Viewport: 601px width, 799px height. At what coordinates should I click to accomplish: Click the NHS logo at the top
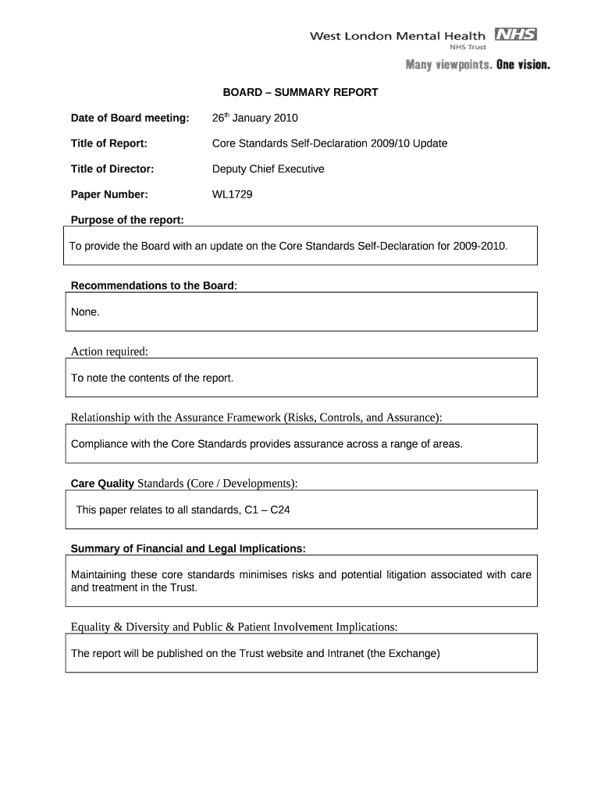pyautogui.click(x=515, y=34)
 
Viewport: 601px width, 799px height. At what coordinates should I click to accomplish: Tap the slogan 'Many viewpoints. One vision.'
pyautogui.click(x=477, y=65)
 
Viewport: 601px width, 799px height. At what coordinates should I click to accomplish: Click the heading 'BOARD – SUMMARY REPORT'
pyautogui.click(x=300, y=92)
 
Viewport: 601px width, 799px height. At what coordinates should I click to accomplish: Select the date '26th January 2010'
pyautogui.click(x=255, y=118)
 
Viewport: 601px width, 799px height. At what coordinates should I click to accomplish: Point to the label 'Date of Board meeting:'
pyautogui.click(x=130, y=118)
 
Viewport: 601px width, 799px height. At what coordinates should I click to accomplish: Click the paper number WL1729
pyautogui.click(x=233, y=194)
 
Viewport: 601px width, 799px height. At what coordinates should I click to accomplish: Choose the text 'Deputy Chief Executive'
pyautogui.click(x=268, y=169)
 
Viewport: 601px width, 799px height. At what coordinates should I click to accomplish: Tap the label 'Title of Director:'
pyautogui.click(x=112, y=169)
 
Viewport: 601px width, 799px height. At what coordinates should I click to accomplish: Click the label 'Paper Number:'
pyautogui.click(x=109, y=194)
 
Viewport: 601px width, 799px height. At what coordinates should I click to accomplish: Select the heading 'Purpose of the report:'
pyautogui.click(x=127, y=220)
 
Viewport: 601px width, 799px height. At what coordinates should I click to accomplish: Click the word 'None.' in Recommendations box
pyautogui.click(x=85, y=311)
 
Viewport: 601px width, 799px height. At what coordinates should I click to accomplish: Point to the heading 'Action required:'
pyautogui.click(x=109, y=351)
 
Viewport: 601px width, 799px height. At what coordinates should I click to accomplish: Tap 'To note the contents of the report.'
pyautogui.click(x=152, y=378)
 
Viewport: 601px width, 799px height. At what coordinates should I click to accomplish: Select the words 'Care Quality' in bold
pyautogui.click(x=102, y=484)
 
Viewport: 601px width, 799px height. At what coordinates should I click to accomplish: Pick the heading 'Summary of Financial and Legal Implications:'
pyautogui.click(x=188, y=549)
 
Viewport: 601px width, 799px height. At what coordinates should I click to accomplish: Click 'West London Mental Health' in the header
pyautogui.click(x=398, y=35)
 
